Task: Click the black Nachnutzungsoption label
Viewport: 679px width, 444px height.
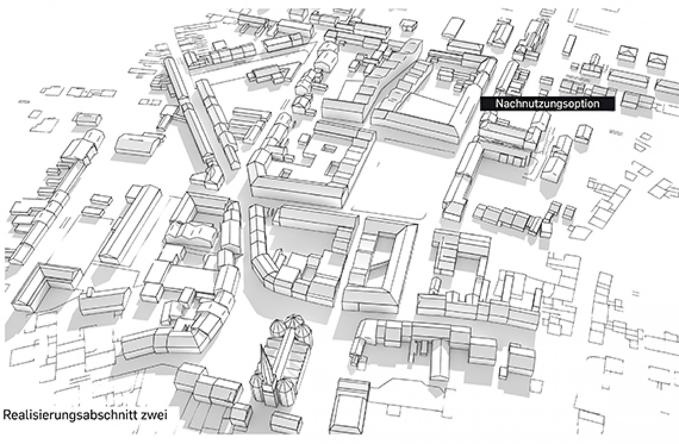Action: click(547, 103)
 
